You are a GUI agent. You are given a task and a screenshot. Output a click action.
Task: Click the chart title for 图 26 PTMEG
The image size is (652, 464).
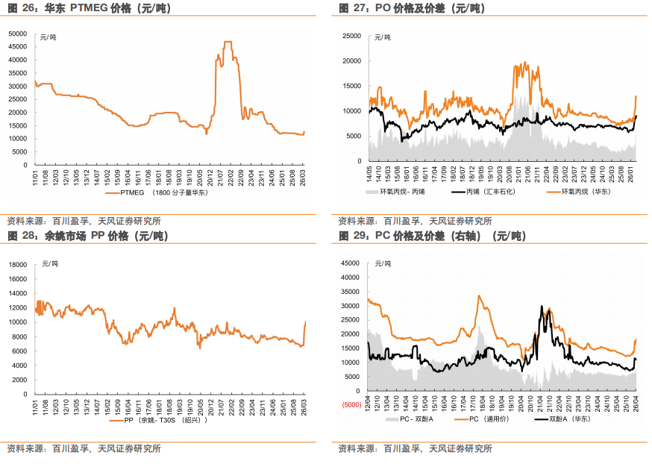coord(81,8)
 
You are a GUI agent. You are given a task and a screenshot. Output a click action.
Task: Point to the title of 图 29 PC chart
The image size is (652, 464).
coord(432,236)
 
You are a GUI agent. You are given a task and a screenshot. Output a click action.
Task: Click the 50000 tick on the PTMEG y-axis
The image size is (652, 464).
coord(18,34)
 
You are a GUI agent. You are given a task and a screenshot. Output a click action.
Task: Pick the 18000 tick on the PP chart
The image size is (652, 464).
coord(18,264)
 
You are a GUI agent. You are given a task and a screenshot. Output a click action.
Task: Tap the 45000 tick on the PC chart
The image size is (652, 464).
coord(350,264)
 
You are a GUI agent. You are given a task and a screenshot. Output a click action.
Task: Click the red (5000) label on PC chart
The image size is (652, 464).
coord(351,405)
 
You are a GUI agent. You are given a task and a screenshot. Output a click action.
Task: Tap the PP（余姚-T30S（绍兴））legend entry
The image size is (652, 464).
coord(160,420)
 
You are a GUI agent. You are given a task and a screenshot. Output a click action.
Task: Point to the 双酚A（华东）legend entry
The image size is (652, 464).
coord(573,420)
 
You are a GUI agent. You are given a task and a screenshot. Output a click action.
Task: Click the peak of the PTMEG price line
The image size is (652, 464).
coord(228,43)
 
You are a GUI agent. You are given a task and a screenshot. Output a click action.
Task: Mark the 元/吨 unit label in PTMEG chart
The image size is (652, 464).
coord(48,37)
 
